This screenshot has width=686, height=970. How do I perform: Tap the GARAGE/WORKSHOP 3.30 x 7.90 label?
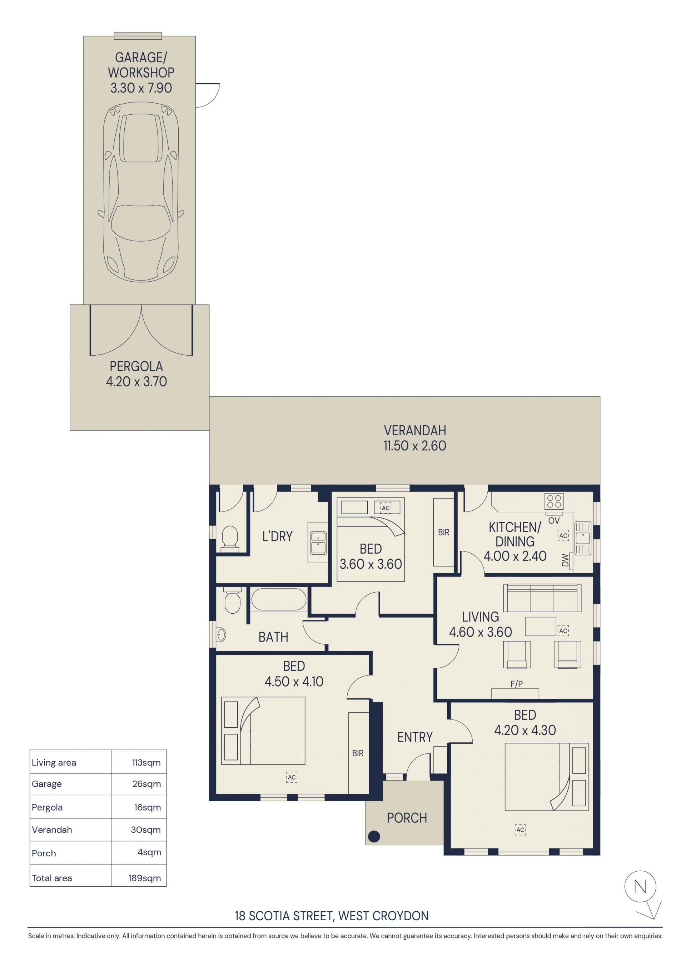pyautogui.click(x=141, y=73)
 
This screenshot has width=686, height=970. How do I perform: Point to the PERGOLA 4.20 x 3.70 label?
pyautogui.click(x=136, y=374)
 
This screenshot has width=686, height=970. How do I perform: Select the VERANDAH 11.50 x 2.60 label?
pyautogui.click(x=415, y=438)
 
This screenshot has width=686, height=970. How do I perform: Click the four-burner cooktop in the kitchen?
pyautogui.click(x=554, y=501)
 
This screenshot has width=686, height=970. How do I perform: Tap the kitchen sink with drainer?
pyautogui.click(x=582, y=538)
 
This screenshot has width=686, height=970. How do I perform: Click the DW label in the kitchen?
pyautogui.click(x=565, y=560)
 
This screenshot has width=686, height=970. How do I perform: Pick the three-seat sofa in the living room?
pyautogui.click(x=542, y=598)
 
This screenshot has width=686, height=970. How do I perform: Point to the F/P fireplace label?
pyautogui.click(x=516, y=684)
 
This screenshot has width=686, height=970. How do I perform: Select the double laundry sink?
pyautogui.click(x=318, y=543)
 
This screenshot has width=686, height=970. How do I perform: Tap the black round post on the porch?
pyautogui.click(x=374, y=836)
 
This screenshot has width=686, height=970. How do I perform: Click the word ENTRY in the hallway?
pyautogui.click(x=415, y=737)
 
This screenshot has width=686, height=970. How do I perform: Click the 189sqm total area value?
pyautogui.click(x=144, y=878)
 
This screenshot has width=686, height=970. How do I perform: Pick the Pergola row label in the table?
pyautogui.click(x=47, y=807)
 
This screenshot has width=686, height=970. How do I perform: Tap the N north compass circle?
pyautogui.click(x=640, y=887)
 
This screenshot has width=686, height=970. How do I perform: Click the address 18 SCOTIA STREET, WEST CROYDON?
pyautogui.click(x=332, y=916)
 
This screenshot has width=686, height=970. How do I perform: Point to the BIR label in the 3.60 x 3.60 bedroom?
pyautogui.click(x=443, y=532)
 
